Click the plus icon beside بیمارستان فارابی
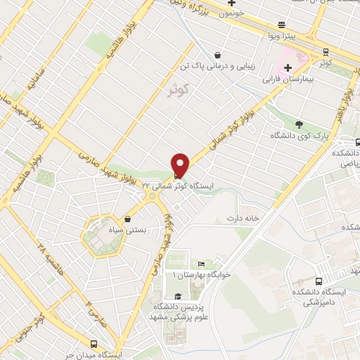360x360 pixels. point(288,67)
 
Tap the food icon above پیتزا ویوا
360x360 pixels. point(281,22)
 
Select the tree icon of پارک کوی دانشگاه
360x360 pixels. point(300,124)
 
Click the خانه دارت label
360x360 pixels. point(243,219)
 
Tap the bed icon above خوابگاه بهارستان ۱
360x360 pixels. point(200,263)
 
